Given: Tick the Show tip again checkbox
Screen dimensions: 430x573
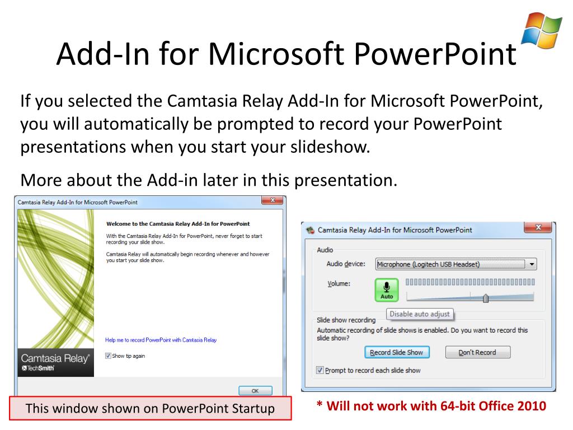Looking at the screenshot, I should pos(109,356).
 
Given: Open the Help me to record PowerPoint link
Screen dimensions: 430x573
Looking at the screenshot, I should pos(161,340).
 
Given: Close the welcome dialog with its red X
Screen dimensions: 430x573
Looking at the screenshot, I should pos(273,201).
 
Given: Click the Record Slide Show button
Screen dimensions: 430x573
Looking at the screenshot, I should pos(397,352).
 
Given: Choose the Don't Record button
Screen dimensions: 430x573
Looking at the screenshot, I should pos(478,352).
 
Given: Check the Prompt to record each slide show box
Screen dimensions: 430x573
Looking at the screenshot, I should pos(320,370).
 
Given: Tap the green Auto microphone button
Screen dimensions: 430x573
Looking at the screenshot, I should pos(387,289).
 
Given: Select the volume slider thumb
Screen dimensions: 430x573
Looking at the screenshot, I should pos(485,298).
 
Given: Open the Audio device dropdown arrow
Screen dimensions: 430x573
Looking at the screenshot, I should pos(532,264).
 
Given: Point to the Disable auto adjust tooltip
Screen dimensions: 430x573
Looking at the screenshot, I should pos(420,314).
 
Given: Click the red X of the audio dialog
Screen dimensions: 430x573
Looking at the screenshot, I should pos(538,227).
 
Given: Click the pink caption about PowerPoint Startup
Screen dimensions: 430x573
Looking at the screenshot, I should pos(151,408).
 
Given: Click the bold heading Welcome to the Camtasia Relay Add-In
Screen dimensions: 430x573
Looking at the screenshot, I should pos(177,223).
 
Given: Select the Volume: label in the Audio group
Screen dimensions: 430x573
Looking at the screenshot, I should pos(339,283).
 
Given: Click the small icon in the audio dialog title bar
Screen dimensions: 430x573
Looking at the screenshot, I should pos(311,230).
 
